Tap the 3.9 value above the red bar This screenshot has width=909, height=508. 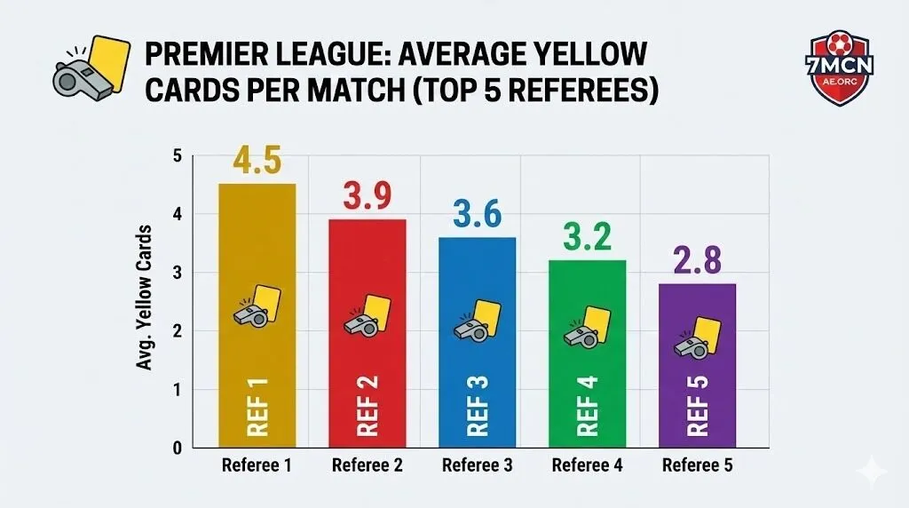(367, 197)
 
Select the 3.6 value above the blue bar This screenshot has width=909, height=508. (477, 215)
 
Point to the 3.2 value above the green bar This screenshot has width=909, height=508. (587, 238)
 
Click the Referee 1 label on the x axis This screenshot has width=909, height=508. (257, 466)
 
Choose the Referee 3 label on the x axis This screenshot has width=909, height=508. (477, 466)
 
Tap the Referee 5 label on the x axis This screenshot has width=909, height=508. (697, 466)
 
